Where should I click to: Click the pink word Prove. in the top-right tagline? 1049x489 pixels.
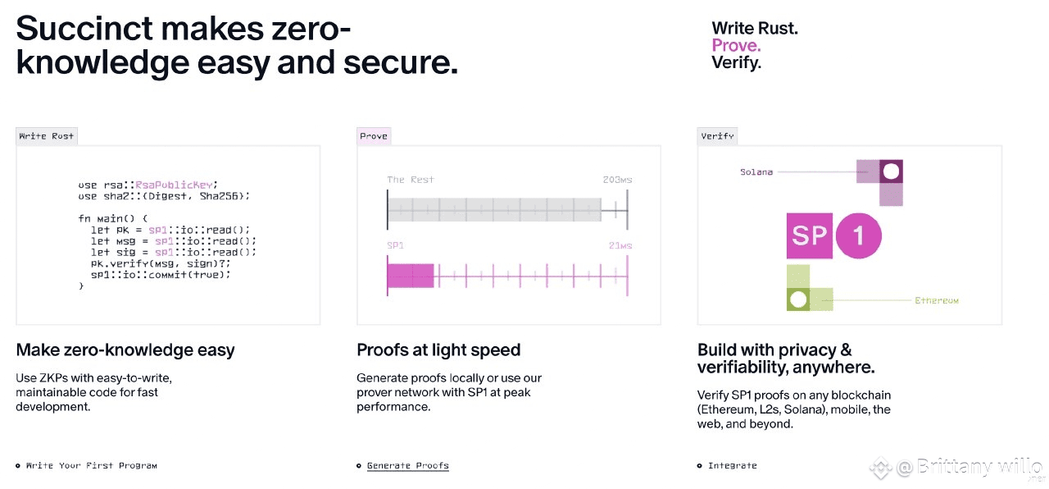[x=736, y=45]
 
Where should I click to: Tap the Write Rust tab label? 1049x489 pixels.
[x=47, y=136]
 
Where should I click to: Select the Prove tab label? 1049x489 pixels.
[x=374, y=136]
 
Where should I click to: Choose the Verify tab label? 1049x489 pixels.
[x=717, y=136]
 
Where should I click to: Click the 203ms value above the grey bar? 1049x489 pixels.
[x=617, y=180]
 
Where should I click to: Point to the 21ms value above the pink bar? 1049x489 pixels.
[x=620, y=245]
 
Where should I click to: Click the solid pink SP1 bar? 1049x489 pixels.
[x=411, y=276]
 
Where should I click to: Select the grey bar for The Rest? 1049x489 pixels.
[x=494, y=209]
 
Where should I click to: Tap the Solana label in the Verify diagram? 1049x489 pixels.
[x=756, y=172]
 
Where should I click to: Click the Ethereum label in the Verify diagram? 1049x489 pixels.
[x=937, y=300]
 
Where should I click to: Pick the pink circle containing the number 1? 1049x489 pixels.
[x=858, y=235]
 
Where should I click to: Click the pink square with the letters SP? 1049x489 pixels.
[x=809, y=235]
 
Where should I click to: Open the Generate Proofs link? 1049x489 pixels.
[x=408, y=465]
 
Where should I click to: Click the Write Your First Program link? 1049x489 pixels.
[x=91, y=465]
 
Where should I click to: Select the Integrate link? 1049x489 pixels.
[x=733, y=465]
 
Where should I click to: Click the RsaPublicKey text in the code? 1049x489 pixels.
[x=174, y=185]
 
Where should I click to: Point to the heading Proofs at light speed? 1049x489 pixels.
[x=438, y=350]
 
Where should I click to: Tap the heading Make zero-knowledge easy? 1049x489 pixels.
[x=125, y=350]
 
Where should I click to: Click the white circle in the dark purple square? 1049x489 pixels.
[x=891, y=171]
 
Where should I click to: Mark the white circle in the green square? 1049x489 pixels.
[x=798, y=299]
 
